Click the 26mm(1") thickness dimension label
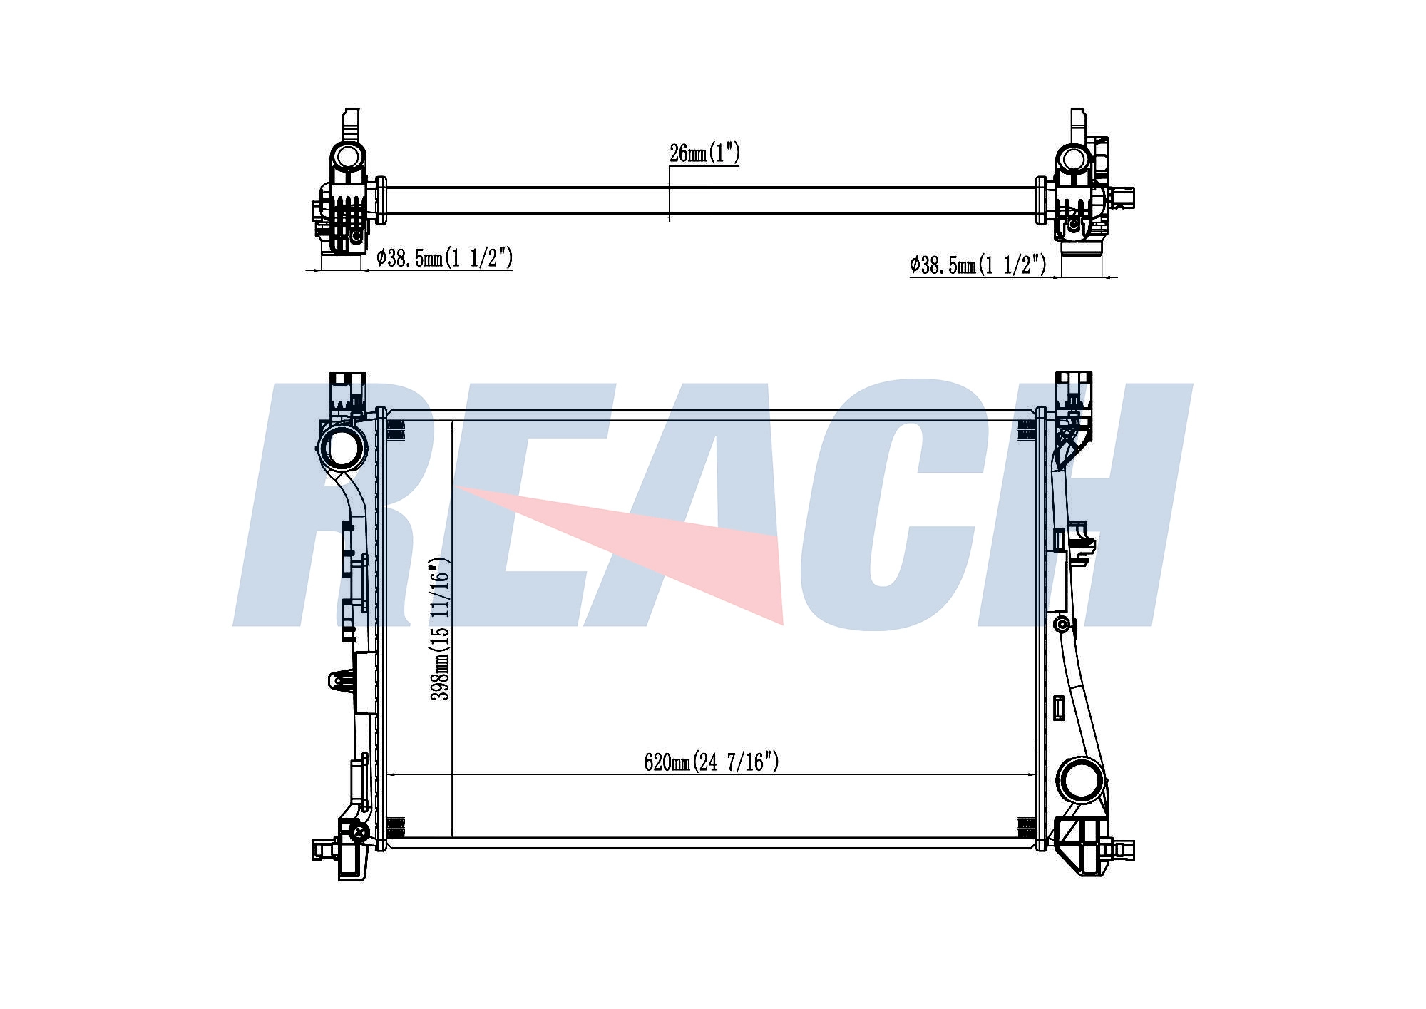click(x=704, y=153)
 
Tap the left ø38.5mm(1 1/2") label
click(x=445, y=258)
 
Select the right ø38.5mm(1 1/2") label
click(x=978, y=265)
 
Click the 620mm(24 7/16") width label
click(x=712, y=762)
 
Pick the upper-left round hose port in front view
click(x=344, y=447)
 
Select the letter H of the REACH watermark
click(x=1084, y=506)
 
